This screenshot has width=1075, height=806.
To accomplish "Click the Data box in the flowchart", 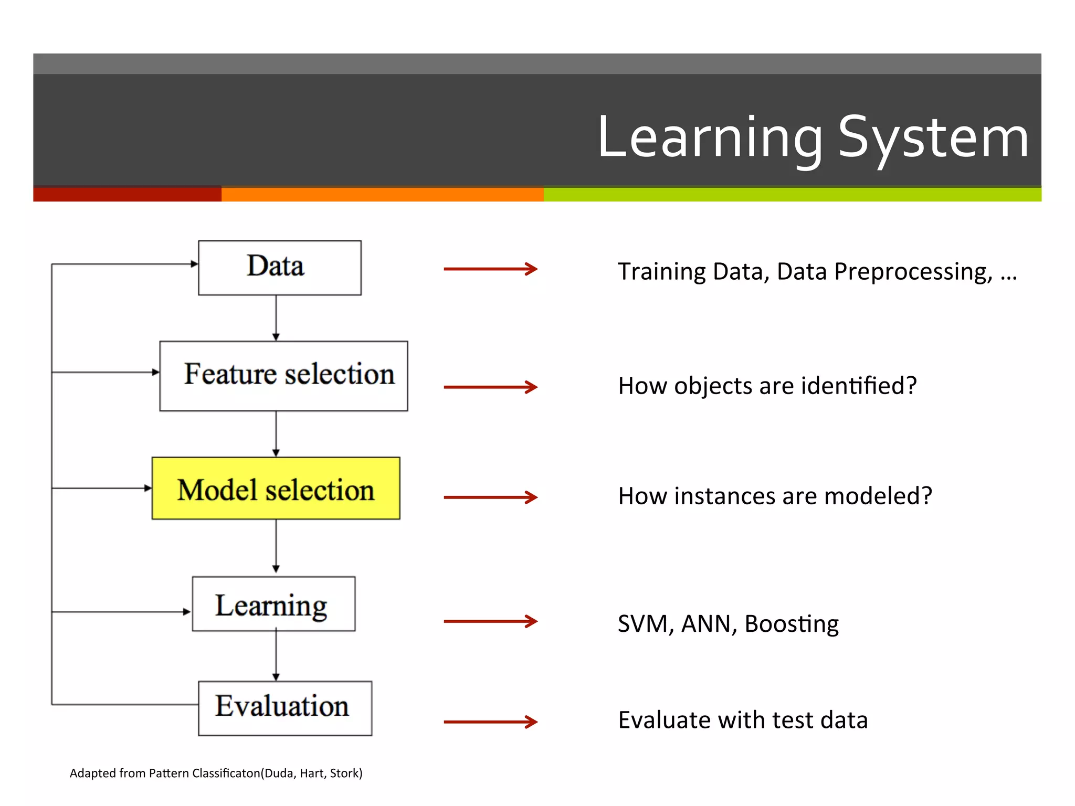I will point(279,268).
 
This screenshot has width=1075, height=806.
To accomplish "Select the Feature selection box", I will point(283,376).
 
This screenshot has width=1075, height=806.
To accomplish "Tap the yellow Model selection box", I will point(276,489).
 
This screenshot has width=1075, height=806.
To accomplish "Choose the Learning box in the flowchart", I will point(273,604).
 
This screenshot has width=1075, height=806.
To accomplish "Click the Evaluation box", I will point(284,708).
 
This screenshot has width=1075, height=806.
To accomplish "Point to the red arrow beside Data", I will point(490,269).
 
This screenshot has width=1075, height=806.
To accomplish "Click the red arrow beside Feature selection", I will point(490,387).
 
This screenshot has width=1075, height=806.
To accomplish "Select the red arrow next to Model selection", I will point(490,497).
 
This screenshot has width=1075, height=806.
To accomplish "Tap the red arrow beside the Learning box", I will point(490,621).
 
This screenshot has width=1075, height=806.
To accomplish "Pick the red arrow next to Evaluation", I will point(490,722).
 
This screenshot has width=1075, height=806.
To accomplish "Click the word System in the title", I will point(933,138).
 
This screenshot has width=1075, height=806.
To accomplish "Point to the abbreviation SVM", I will point(645,624).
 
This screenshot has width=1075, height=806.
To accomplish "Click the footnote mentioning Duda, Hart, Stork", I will point(216,773).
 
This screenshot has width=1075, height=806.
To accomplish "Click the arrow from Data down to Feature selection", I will point(276,318).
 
